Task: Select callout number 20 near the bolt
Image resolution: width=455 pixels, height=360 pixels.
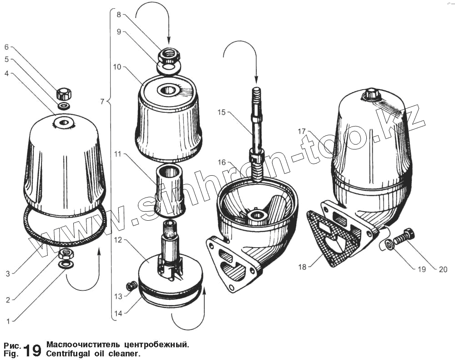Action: point(443,269)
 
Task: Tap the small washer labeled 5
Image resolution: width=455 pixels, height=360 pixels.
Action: point(64,106)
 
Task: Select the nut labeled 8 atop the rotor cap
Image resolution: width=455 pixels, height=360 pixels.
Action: point(169,56)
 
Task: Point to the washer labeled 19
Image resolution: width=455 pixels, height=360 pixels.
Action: point(389,245)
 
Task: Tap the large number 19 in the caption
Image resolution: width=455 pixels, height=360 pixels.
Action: point(32,350)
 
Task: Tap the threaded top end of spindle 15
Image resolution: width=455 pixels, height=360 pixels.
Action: point(256,93)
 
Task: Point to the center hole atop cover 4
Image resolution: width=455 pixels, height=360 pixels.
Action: point(62,122)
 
